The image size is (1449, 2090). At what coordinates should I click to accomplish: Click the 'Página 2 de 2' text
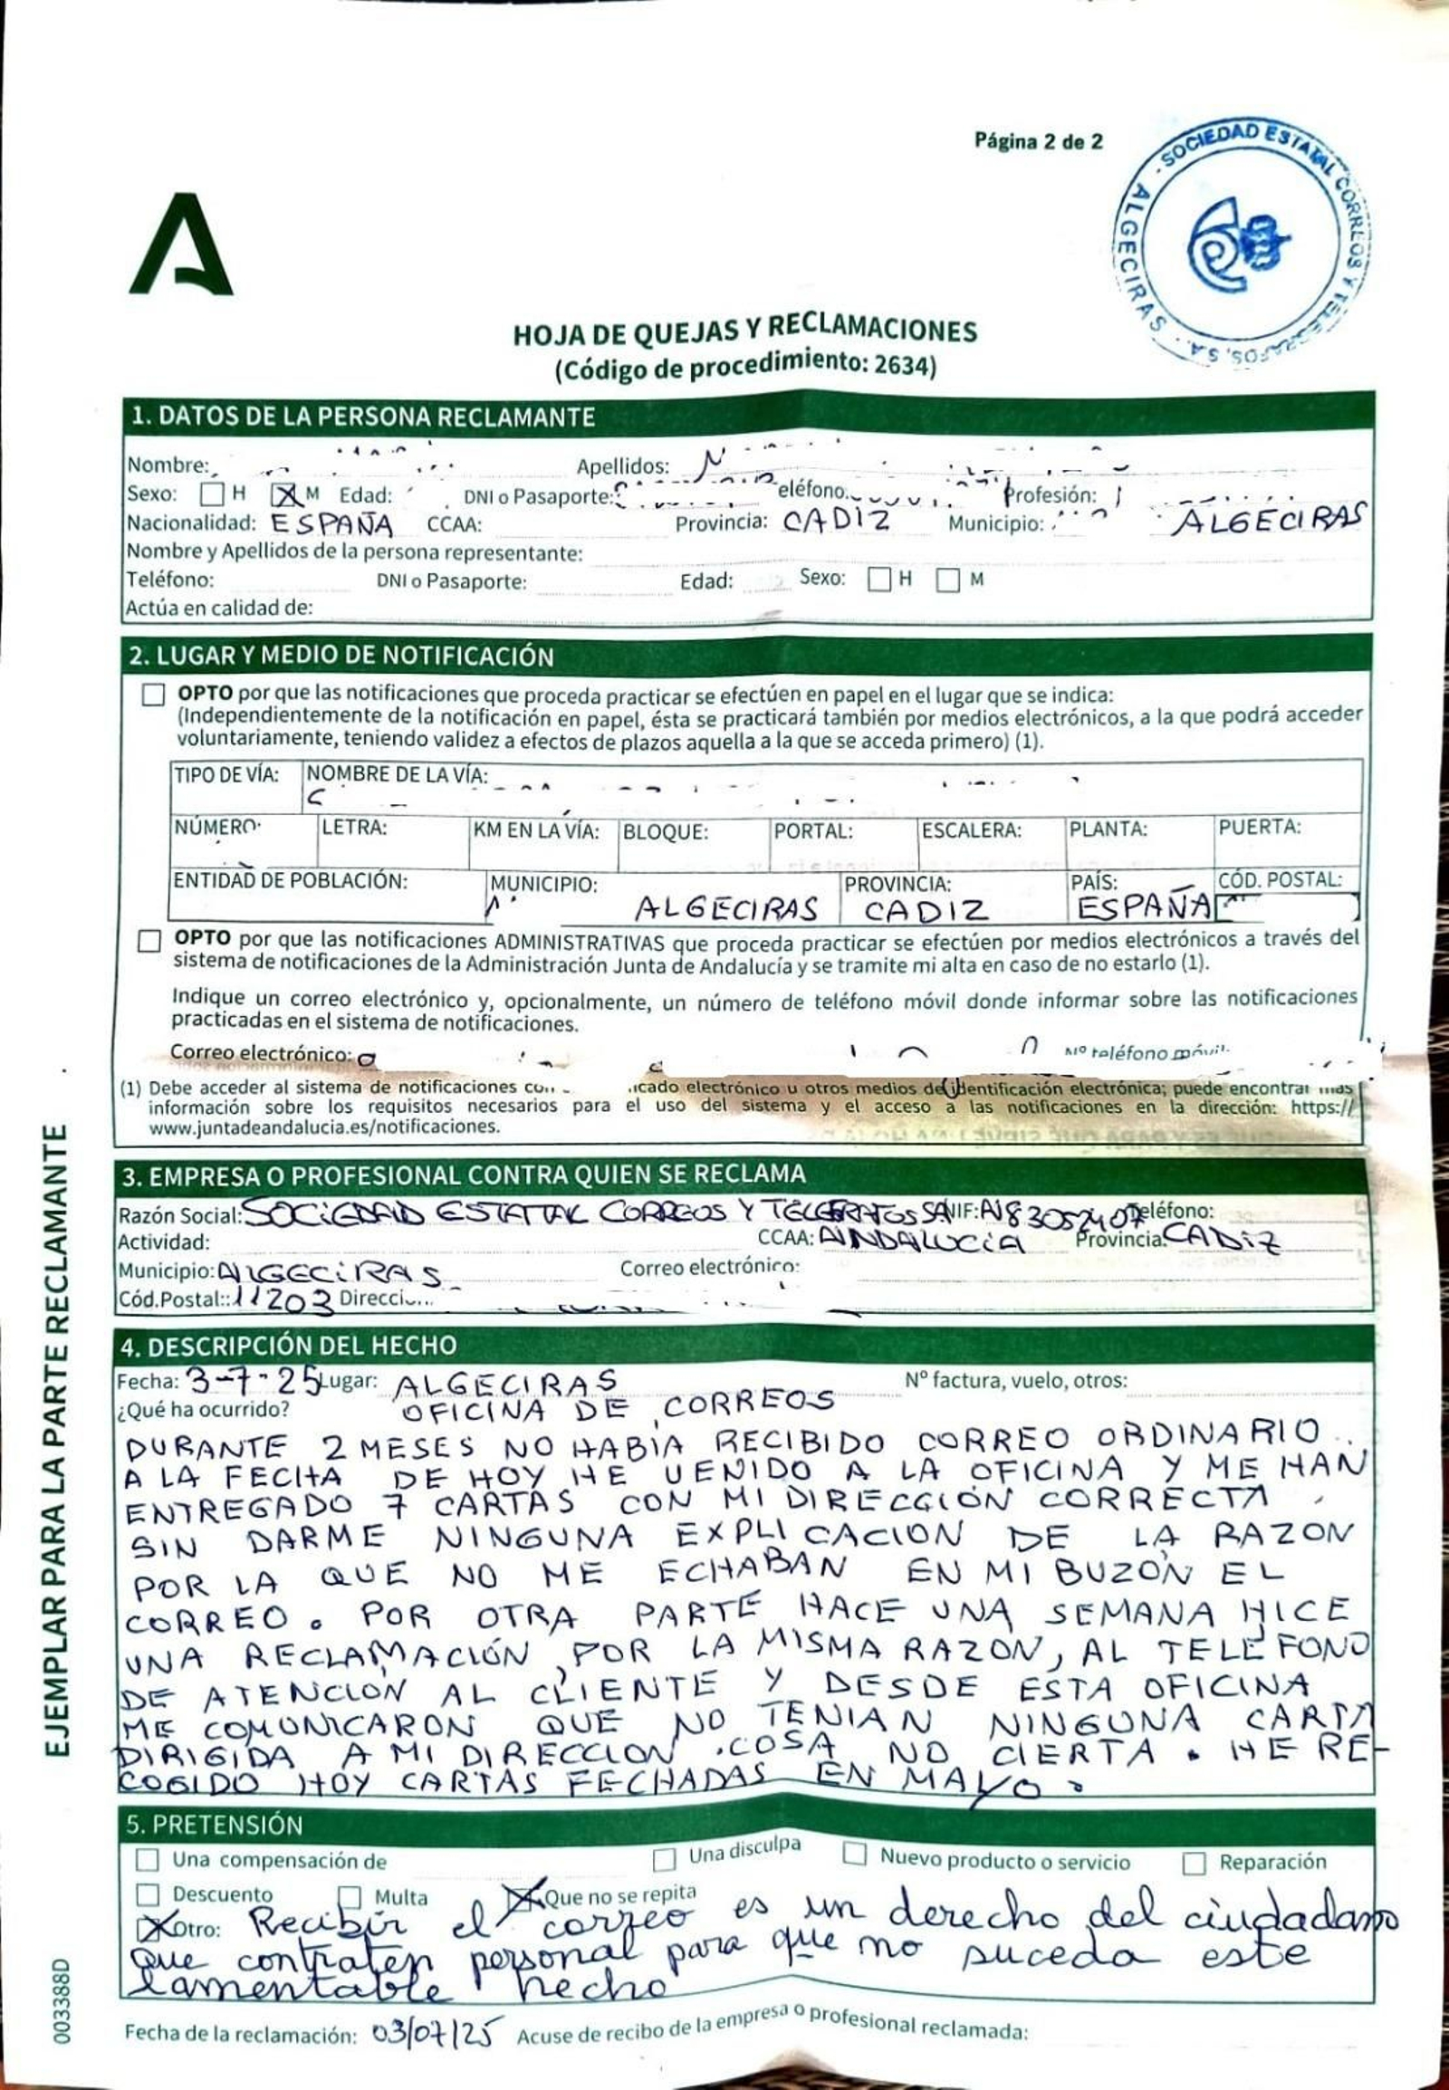[1038, 140]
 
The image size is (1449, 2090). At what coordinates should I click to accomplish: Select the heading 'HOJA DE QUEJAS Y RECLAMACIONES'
[744, 331]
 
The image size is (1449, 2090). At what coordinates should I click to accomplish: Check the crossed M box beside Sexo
[285, 494]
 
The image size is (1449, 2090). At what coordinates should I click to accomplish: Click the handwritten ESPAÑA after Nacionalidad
[332, 524]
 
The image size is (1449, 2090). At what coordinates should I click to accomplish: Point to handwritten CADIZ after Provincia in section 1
[835, 520]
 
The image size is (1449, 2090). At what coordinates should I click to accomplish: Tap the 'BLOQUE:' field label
[651, 831]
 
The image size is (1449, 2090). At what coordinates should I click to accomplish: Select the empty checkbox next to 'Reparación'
[1194, 1855]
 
